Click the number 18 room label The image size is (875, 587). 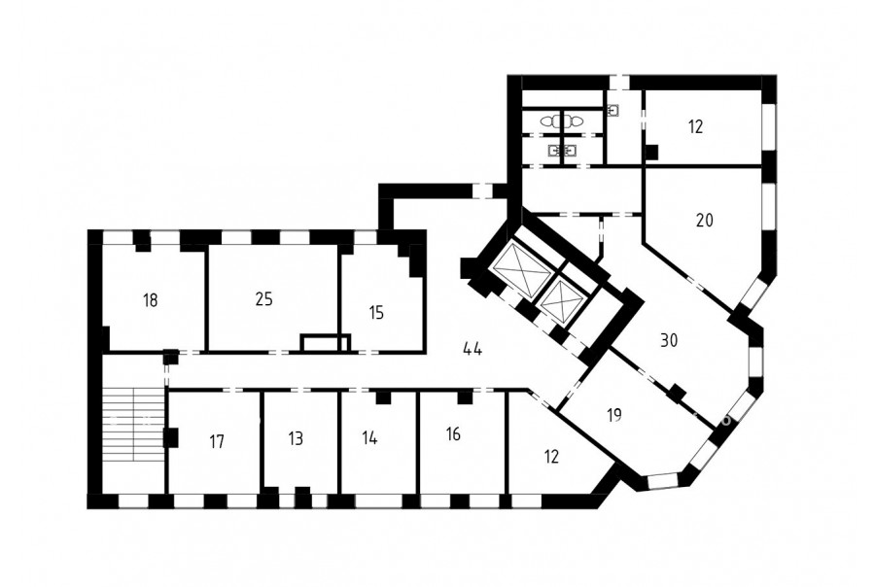point(150,300)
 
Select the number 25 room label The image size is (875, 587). point(263,299)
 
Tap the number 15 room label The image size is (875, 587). point(376,313)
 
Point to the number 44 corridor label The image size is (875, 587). point(472,349)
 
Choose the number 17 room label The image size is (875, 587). point(217,442)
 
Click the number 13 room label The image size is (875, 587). point(296,438)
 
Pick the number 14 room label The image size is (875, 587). point(369,438)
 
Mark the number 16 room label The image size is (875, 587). point(454,433)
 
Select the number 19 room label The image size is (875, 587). point(614,416)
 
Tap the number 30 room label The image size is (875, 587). point(669,340)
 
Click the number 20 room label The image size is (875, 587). point(705,221)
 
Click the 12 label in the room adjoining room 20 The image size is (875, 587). point(695,126)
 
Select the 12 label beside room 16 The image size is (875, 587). point(551,457)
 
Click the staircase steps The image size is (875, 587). point(133,424)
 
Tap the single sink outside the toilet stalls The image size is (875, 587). point(612,110)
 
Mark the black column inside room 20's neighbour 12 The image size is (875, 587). point(651,152)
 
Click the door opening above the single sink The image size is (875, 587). point(619,82)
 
